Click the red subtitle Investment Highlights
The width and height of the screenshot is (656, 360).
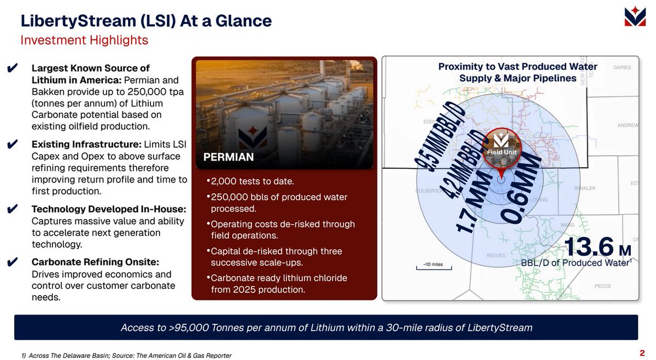click(84, 40)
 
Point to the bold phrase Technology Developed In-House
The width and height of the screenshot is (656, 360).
click(109, 209)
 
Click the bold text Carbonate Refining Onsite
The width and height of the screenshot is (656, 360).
click(95, 262)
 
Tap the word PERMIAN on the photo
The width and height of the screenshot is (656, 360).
click(229, 157)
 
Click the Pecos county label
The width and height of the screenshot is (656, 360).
click(602, 286)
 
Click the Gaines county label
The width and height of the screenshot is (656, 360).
click(622, 68)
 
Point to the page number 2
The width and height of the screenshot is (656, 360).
click(641, 352)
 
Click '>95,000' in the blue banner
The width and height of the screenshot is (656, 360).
click(192, 328)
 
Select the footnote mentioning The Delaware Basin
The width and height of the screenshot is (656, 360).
click(126, 356)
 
